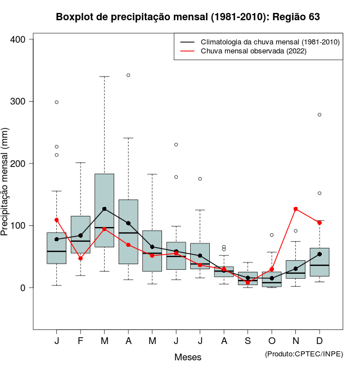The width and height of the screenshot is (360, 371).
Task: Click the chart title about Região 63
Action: pos(188,17)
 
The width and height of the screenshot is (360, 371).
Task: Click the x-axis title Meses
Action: pos(188,357)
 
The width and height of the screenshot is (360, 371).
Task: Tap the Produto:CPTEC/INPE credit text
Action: pos(304,354)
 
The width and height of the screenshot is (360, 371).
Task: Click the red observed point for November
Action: pos(296,209)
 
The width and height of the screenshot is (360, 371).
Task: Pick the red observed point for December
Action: pos(319,223)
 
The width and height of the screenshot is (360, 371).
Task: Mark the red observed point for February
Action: pos(80,258)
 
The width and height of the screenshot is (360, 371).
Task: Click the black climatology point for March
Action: pos(104,209)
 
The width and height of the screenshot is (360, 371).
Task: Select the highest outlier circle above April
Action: pos(128,75)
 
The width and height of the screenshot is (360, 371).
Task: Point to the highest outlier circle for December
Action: pos(319,115)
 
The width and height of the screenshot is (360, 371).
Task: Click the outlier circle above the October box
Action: pos(272,235)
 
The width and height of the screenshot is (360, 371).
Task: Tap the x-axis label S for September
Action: pos(247,341)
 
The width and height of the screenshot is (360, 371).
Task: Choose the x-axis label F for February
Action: pos(80,341)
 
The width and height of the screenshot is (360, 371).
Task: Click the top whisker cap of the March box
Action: pos(104,76)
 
